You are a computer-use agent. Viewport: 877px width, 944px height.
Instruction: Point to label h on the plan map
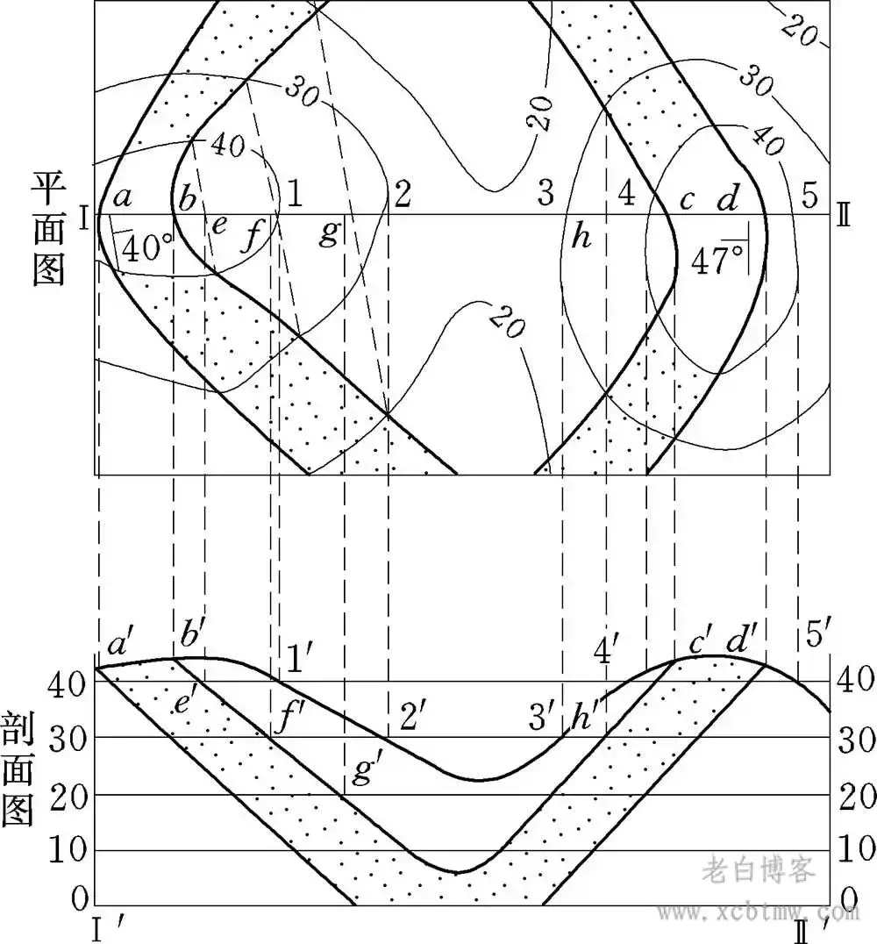[x=581, y=237]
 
